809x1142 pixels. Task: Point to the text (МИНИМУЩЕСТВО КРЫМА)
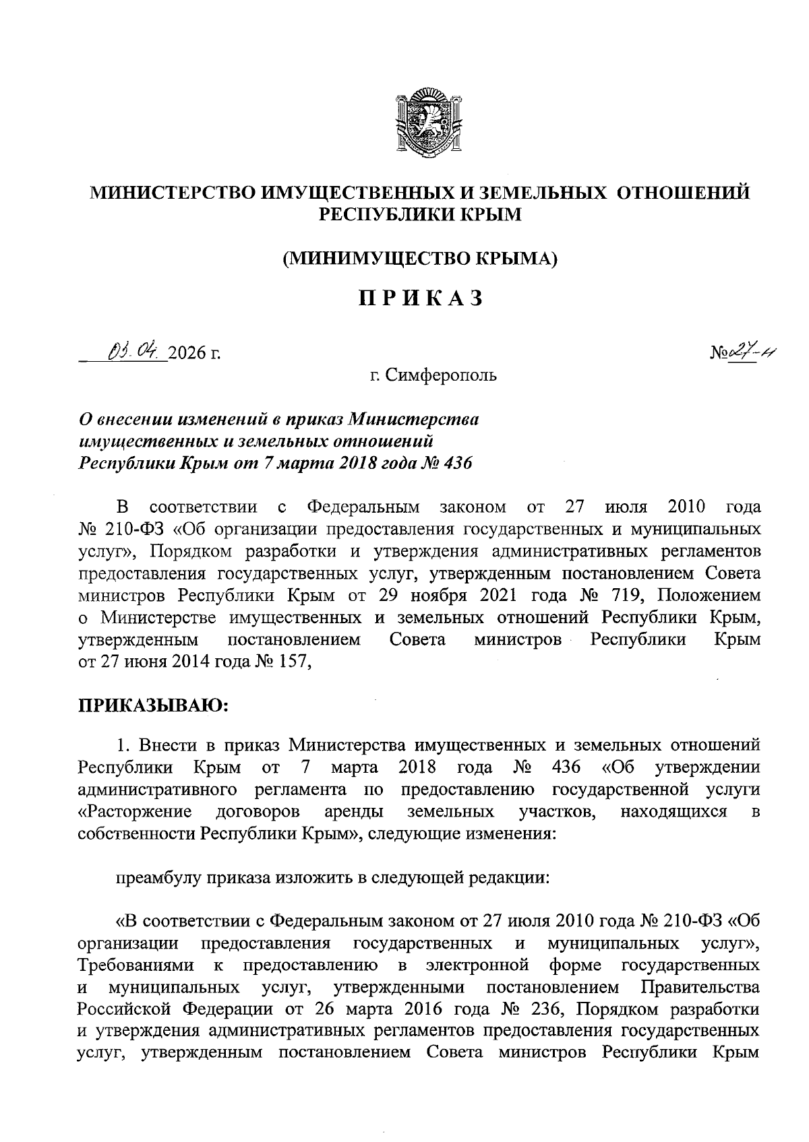pos(420,258)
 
